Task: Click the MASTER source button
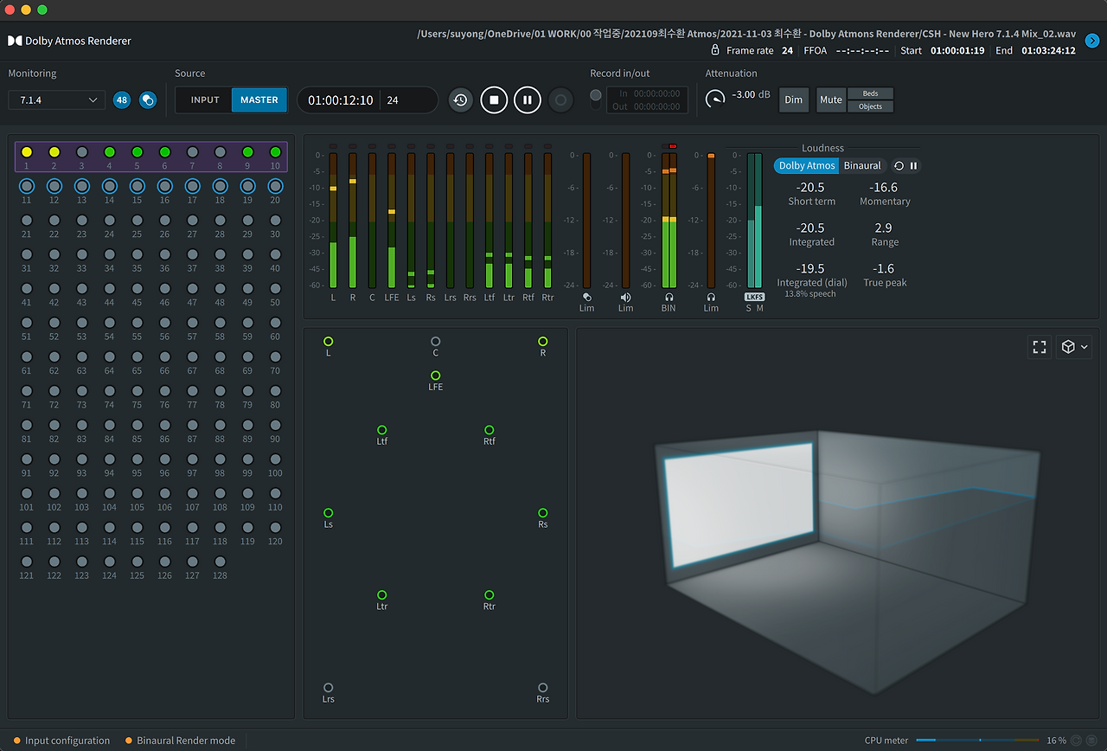coord(259,99)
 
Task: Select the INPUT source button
coord(205,99)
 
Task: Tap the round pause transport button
coord(528,99)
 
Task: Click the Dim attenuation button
coord(793,99)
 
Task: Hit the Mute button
coord(831,99)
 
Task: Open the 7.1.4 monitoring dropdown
coord(56,99)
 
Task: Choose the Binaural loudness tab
coord(862,165)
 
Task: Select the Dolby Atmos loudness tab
coord(807,165)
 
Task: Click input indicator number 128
coord(220,562)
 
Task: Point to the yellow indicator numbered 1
coord(27,151)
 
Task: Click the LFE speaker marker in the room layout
coord(435,375)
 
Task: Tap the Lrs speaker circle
coord(328,688)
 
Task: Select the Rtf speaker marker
coord(490,430)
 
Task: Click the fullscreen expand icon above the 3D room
coord(1040,347)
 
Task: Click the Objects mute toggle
coord(870,106)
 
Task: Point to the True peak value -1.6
coord(883,268)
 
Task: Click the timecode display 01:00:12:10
coord(341,100)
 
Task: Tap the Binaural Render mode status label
coord(186,740)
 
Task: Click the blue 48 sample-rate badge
coord(122,99)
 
